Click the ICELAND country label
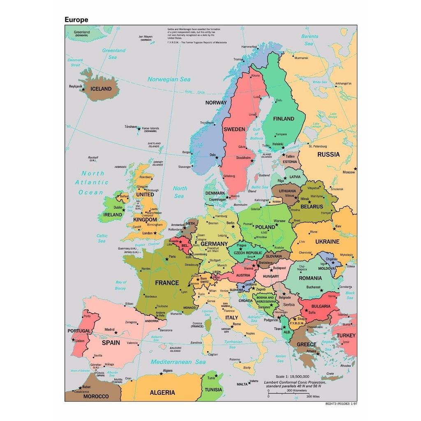tap(101, 89)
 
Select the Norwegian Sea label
tap(169, 79)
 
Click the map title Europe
tap(76, 19)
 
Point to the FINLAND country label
tap(284, 119)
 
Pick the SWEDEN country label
tap(234, 129)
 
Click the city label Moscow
tap(349, 172)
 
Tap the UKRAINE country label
tap(327, 242)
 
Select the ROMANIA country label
tap(310, 278)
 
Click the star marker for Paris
tap(167, 259)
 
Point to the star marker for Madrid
tap(116, 332)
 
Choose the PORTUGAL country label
tap(79, 331)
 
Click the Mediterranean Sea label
tap(178, 362)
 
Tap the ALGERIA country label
tap(162, 393)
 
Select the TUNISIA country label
tap(214, 390)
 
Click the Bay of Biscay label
tap(121, 285)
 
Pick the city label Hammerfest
tap(249, 47)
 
